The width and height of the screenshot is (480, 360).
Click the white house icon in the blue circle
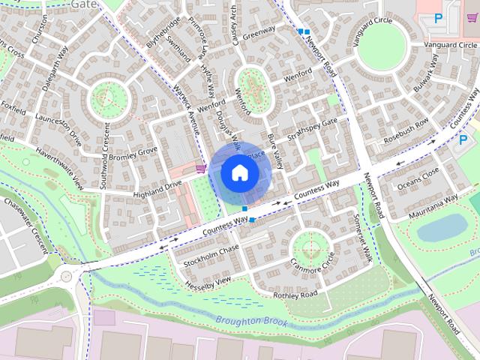(239, 173)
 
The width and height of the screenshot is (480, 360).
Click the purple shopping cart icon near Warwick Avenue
(200, 169)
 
